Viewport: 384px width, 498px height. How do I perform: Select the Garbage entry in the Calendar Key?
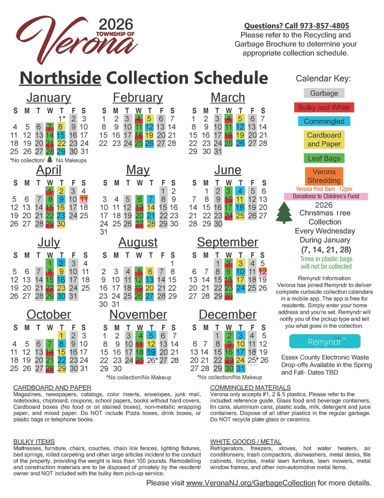[x=323, y=93]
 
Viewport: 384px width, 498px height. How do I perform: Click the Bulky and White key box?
[x=323, y=107]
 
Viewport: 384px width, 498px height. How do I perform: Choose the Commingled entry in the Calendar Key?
[x=323, y=121]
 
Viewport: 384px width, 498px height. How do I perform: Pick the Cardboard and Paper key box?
[x=323, y=140]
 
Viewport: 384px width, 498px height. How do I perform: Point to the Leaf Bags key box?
[x=323, y=158]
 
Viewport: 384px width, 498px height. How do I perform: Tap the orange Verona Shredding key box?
[x=323, y=176]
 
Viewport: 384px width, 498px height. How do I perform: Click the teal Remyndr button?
[x=323, y=341]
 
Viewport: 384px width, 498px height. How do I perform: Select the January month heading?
[x=48, y=97]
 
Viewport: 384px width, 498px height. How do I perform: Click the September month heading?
[x=227, y=243]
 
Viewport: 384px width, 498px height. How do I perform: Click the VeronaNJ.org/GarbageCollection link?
[x=250, y=484]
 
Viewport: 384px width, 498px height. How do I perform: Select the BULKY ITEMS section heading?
[x=34, y=442]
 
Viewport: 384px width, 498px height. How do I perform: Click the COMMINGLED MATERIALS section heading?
[x=250, y=388]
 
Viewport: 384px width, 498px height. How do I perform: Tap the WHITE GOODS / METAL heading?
[x=245, y=442]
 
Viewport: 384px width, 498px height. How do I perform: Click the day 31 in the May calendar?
[x=104, y=232]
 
